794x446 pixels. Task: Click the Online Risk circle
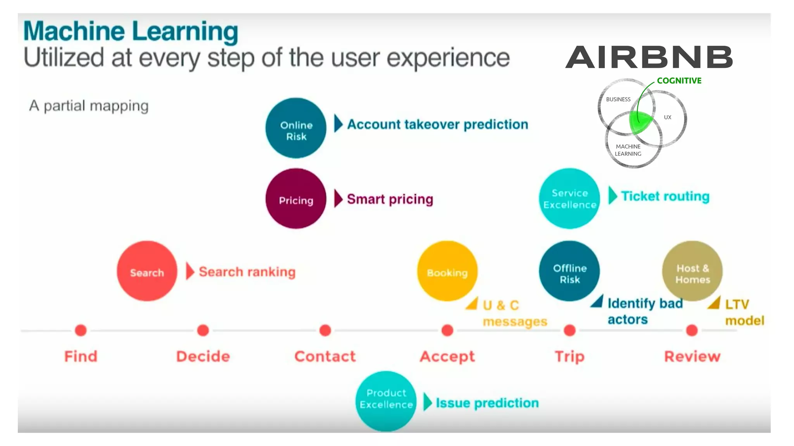click(x=296, y=128)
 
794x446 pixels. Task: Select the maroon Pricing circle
click(x=296, y=199)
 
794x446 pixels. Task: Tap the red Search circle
click(x=147, y=271)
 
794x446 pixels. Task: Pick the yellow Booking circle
click(x=447, y=271)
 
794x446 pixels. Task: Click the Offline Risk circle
click(x=569, y=271)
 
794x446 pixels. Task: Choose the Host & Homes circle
click(x=692, y=271)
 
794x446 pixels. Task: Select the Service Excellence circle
click(x=569, y=199)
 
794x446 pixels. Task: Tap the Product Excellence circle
click(x=386, y=401)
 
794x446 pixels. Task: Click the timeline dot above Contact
click(x=325, y=330)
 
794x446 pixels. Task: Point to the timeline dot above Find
click(x=81, y=330)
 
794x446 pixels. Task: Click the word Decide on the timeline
click(x=203, y=356)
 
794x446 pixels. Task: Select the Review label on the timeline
click(x=692, y=356)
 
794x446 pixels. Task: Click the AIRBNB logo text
click(x=649, y=57)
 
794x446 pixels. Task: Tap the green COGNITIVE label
click(x=679, y=81)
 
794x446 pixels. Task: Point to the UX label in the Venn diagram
click(x=668, y=117)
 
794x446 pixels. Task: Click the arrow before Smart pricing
click(x=338, y=199)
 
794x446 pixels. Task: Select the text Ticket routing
click(x=665, y=196)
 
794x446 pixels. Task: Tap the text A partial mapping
click(x=89, y=106)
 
